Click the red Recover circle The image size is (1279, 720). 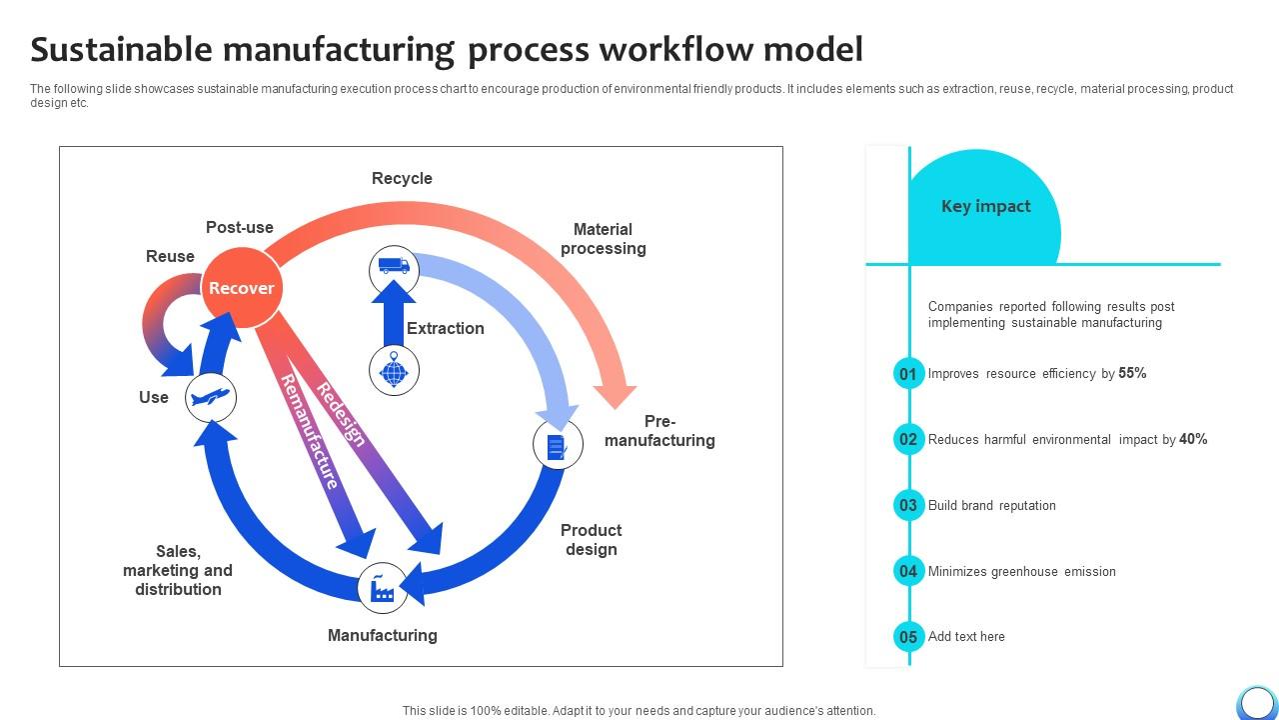pos(241,288)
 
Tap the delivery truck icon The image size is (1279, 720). pos(394,267)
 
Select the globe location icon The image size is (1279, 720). pos(394,371)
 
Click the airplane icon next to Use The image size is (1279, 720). pos(211,397)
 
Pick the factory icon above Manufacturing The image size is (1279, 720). pos(383,589)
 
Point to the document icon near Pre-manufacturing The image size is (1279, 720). pos(558,445)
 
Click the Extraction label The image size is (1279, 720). pos(445,328)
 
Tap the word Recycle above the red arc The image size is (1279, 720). pos(402,178)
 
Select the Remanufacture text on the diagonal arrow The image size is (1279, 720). pos(309,432)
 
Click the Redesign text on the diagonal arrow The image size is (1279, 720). pos(341,413)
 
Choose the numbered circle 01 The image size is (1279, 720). pos(908,374)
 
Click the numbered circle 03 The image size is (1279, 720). pos(908,505)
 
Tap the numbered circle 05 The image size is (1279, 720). pos(908,637)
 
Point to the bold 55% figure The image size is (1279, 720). pos(1132,373)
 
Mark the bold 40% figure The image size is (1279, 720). pos(1193,439)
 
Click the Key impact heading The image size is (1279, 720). pos(985,206)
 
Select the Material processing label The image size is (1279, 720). pos(603,239)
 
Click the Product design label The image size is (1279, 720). pos(591,540)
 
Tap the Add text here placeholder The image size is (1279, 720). pos(966,637)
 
